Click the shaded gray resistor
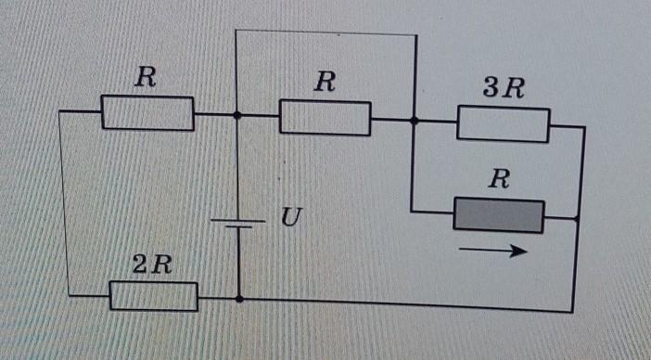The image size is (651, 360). pos(499,215)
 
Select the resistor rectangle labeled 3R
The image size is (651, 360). pos(504,123)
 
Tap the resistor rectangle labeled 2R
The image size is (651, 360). pos(154,296)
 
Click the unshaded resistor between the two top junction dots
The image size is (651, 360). pos(325,118)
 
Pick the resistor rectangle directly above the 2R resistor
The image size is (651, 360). pos(147,113)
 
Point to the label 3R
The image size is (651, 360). pos(504,87)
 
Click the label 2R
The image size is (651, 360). pos(152,264)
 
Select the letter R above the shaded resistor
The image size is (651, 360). pos(499,179)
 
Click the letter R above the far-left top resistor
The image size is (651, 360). pos(146,77)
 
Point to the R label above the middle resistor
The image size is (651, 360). pos(325,82)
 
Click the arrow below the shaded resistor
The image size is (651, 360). pos(493,251)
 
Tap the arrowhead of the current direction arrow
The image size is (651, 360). pos(520,251)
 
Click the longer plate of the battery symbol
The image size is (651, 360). pos(237,221)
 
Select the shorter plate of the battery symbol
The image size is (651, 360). pos(238,227)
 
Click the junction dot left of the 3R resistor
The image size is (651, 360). pos(414,121)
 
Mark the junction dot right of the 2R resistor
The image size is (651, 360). pos(239,299)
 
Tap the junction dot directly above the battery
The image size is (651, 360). pos(237,115)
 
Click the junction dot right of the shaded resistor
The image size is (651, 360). pos(577,218)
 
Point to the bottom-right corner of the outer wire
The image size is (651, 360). pos(572,312)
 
